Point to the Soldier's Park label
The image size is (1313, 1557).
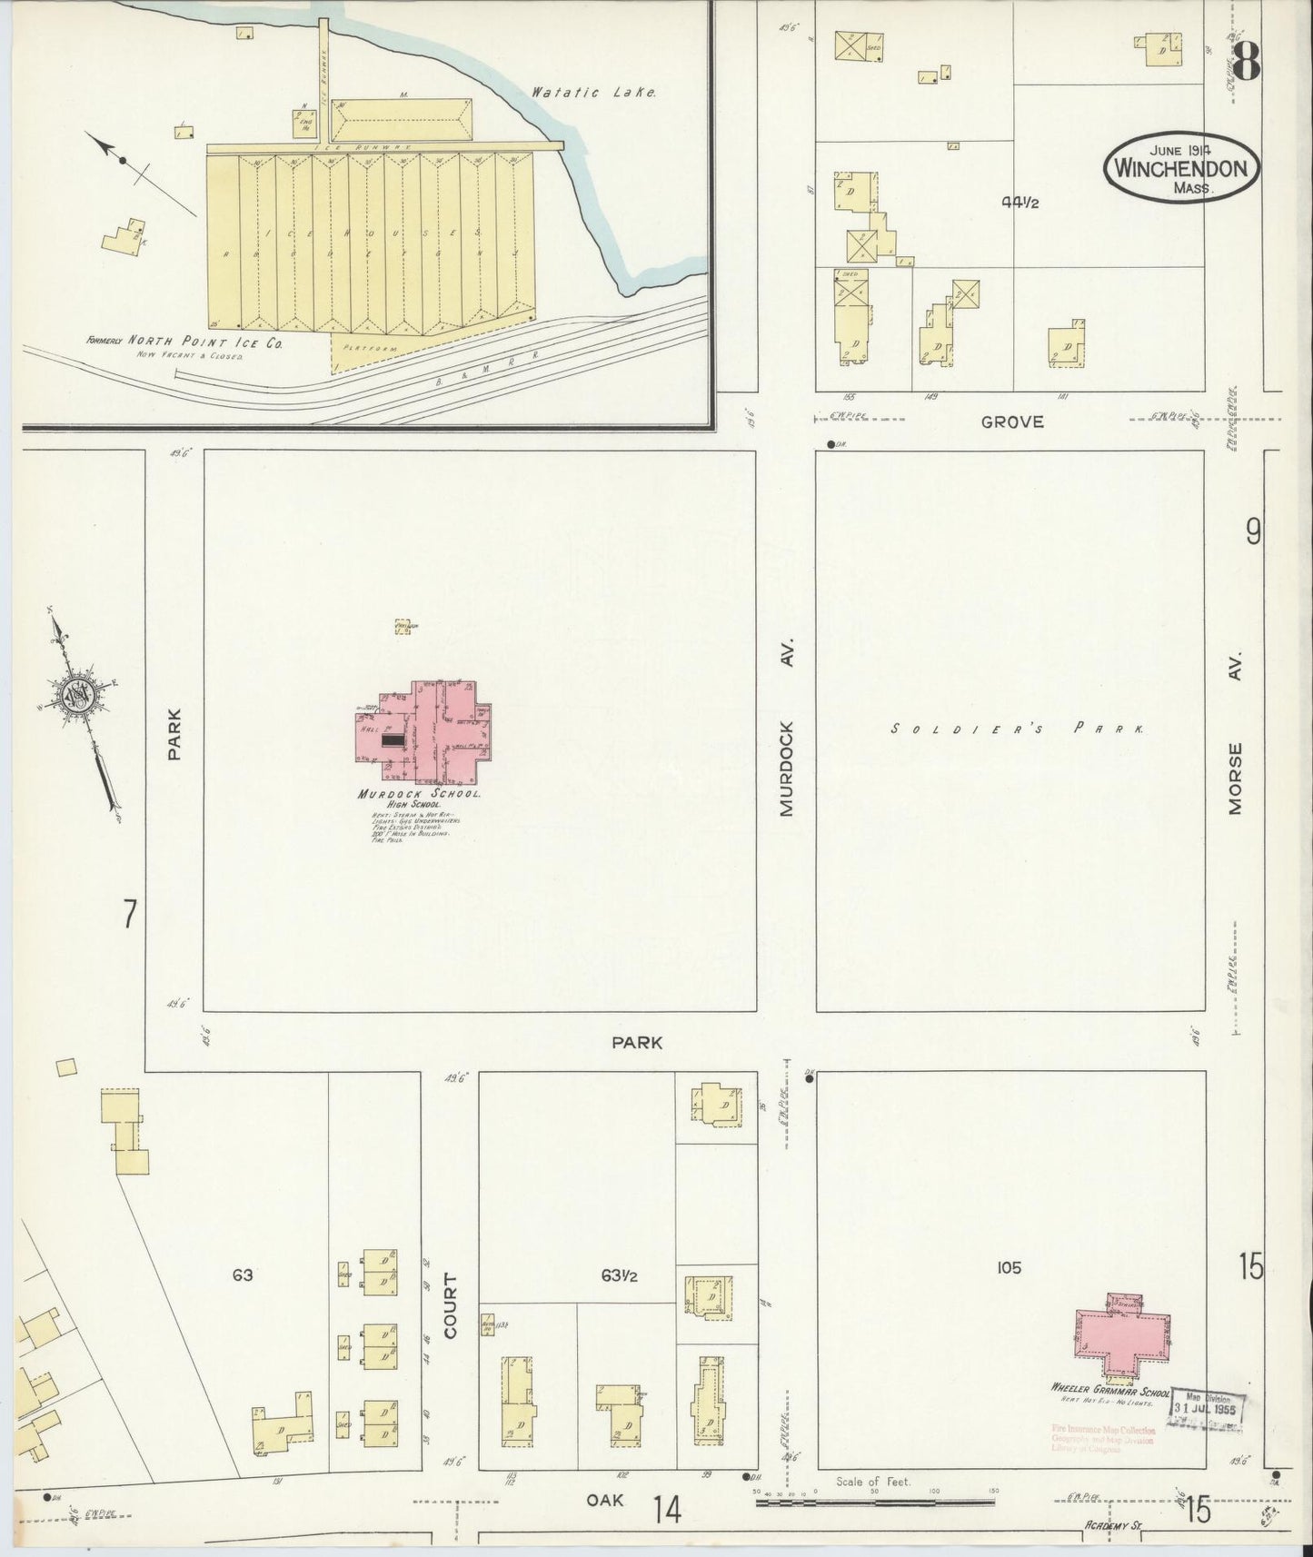point(1016,729)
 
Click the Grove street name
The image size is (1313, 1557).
point(1011,421)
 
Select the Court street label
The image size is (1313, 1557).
point(451,1304)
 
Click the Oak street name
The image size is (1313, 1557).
point(604,1501)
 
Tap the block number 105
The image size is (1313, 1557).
point(1009,1267)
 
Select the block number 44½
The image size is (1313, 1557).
point(1020,203)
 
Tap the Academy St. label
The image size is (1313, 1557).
point(1113,1527)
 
